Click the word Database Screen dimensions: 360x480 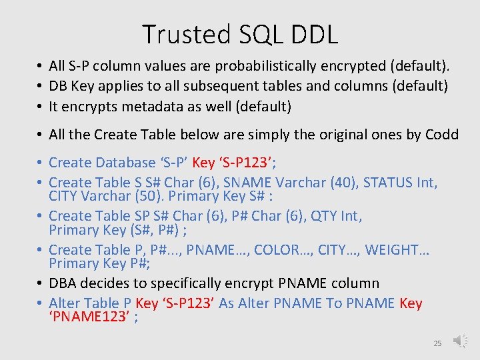123,162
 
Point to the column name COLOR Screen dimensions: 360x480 276,250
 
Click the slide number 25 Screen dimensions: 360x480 437,343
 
